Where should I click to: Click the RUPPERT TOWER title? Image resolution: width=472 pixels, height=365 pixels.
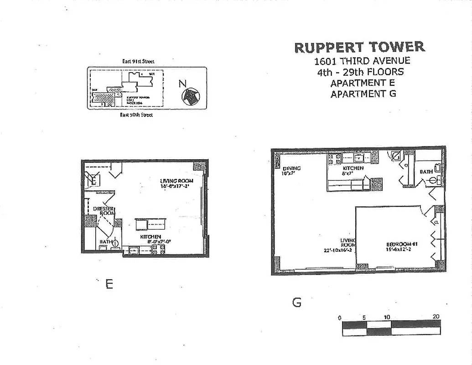tap(359, 47)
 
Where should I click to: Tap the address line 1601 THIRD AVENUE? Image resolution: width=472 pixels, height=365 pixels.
tap(362, 61)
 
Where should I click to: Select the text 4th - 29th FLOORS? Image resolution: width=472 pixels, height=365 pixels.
tap(360, 72)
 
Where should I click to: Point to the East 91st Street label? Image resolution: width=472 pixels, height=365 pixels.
tap(141, 61)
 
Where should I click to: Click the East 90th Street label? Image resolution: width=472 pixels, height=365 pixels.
tap(136, 115)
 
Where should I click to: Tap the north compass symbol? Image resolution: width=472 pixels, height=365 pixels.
tap(190, 95)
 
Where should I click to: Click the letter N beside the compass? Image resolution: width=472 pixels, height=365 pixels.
tap(182, 83)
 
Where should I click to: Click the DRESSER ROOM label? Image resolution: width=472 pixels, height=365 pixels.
tap(104, 211)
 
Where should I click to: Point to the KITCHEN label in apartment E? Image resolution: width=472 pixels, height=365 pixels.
tap(150, 237)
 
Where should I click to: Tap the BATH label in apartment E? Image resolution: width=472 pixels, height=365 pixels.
tap(106, 242)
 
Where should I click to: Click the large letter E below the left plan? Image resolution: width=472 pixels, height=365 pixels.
tap(109, 284)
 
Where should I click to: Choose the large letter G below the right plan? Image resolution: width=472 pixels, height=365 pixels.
tap(297, 302)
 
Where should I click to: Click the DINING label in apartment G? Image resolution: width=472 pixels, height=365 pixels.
tap(291, 168)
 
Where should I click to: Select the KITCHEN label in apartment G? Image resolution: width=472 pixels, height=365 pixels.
tap(353, 168)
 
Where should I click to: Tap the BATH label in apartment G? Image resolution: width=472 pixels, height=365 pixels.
tap(426, 172)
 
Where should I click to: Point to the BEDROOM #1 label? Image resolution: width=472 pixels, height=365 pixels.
tap(402, 245)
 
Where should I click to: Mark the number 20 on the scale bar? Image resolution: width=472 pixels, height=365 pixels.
tap(436, 317)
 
